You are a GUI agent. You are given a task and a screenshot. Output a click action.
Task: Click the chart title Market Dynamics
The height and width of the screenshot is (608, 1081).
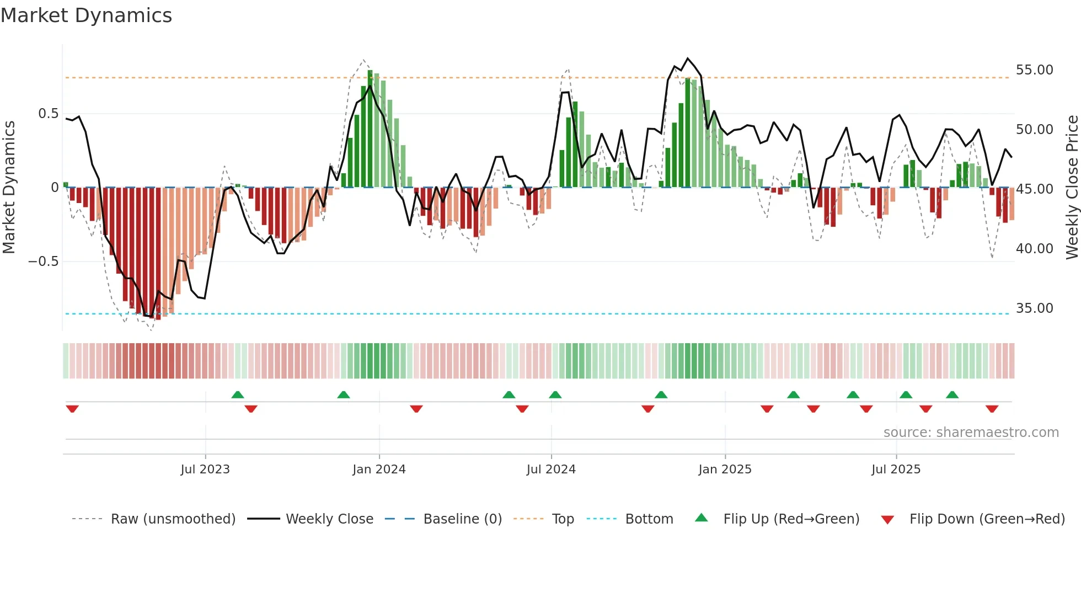pyautogui.click(x=86, y=15)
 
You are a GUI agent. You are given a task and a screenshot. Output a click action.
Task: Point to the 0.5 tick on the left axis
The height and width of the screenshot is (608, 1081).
pyautogui.click(x=48, y=114)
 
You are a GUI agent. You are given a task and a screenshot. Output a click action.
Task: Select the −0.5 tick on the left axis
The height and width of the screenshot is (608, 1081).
pyautogui.click(x=44, y=262)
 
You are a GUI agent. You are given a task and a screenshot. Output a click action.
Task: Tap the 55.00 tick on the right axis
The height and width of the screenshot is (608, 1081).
pyautogui.click(x=1034, y=70)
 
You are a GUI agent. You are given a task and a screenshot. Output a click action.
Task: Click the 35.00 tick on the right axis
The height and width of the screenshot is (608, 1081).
pyautogui.click(x=1034, y=308)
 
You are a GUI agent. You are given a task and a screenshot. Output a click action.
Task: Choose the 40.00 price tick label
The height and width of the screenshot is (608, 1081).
pyautogui.click(x=1034, y=249)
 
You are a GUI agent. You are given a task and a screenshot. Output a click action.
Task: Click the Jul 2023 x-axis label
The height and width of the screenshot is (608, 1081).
pyautogui.click(x=205, y=470)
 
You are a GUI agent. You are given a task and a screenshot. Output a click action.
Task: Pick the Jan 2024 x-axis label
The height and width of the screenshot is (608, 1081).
pyautogui.click(x=379, y=470)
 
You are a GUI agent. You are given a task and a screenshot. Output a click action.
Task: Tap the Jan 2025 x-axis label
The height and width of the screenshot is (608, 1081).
pyautogui.click(x=725, y=470)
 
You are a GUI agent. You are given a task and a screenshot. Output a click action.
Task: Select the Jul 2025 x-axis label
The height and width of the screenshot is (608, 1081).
pyautogui.click(x=896, y=470)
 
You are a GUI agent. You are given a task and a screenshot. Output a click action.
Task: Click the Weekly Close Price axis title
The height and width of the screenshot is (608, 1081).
pyautogui.click(x=1072, y=188)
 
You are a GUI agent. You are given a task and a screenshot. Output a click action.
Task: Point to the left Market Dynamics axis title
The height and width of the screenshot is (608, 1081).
pyautogui.click(x=9, y=188)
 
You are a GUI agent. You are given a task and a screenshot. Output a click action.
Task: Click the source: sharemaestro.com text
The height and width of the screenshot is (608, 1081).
pyautogui.click(x=971, y=433)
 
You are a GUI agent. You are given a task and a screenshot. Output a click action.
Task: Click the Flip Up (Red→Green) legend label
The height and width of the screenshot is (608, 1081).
pyautogui.click(x=791, y=519)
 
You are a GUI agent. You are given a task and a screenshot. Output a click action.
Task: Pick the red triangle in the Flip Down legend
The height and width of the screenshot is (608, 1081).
pyautogui.click(x=887, y=520)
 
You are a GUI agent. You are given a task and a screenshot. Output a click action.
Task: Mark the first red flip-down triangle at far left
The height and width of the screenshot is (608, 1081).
pyautogui.click(x=72, y=409)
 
